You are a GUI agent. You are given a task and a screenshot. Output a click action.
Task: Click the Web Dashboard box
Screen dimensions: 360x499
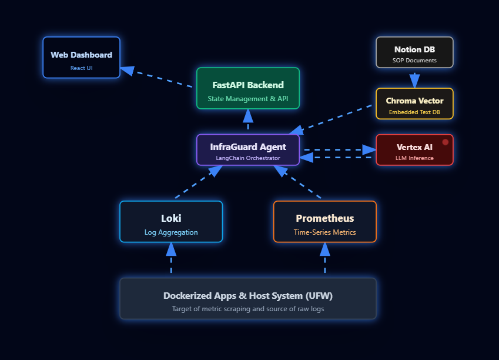[x=81, y=57]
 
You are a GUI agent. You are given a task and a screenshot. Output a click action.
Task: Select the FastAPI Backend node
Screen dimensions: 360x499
[x=247, y=88]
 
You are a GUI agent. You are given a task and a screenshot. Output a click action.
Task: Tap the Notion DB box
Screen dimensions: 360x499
[x=414, y=52]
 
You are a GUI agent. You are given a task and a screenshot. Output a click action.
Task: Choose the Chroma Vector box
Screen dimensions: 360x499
[x=414, y=104]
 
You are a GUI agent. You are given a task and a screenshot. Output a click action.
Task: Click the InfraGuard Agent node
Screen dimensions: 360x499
[x=247, y=150]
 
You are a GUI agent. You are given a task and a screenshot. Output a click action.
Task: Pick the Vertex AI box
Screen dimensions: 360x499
[x=414, y=150]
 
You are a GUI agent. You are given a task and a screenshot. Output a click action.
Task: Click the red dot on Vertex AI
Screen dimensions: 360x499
[x=446, y=142]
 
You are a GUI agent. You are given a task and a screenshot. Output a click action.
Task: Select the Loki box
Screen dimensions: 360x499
[x=171, y=222]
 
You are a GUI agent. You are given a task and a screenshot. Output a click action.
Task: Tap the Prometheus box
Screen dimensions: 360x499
[x=324, y=222]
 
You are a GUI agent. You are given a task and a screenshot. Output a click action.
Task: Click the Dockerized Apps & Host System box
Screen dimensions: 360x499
[x=247, y=299]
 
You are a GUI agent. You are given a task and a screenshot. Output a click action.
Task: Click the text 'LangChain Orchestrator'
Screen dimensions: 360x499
[x=247, y=158]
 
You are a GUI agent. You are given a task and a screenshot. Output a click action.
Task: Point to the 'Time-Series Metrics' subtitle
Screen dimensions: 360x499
[x=324, y=232]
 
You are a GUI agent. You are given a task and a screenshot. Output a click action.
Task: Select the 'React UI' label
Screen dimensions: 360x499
[x=81, y=68]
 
